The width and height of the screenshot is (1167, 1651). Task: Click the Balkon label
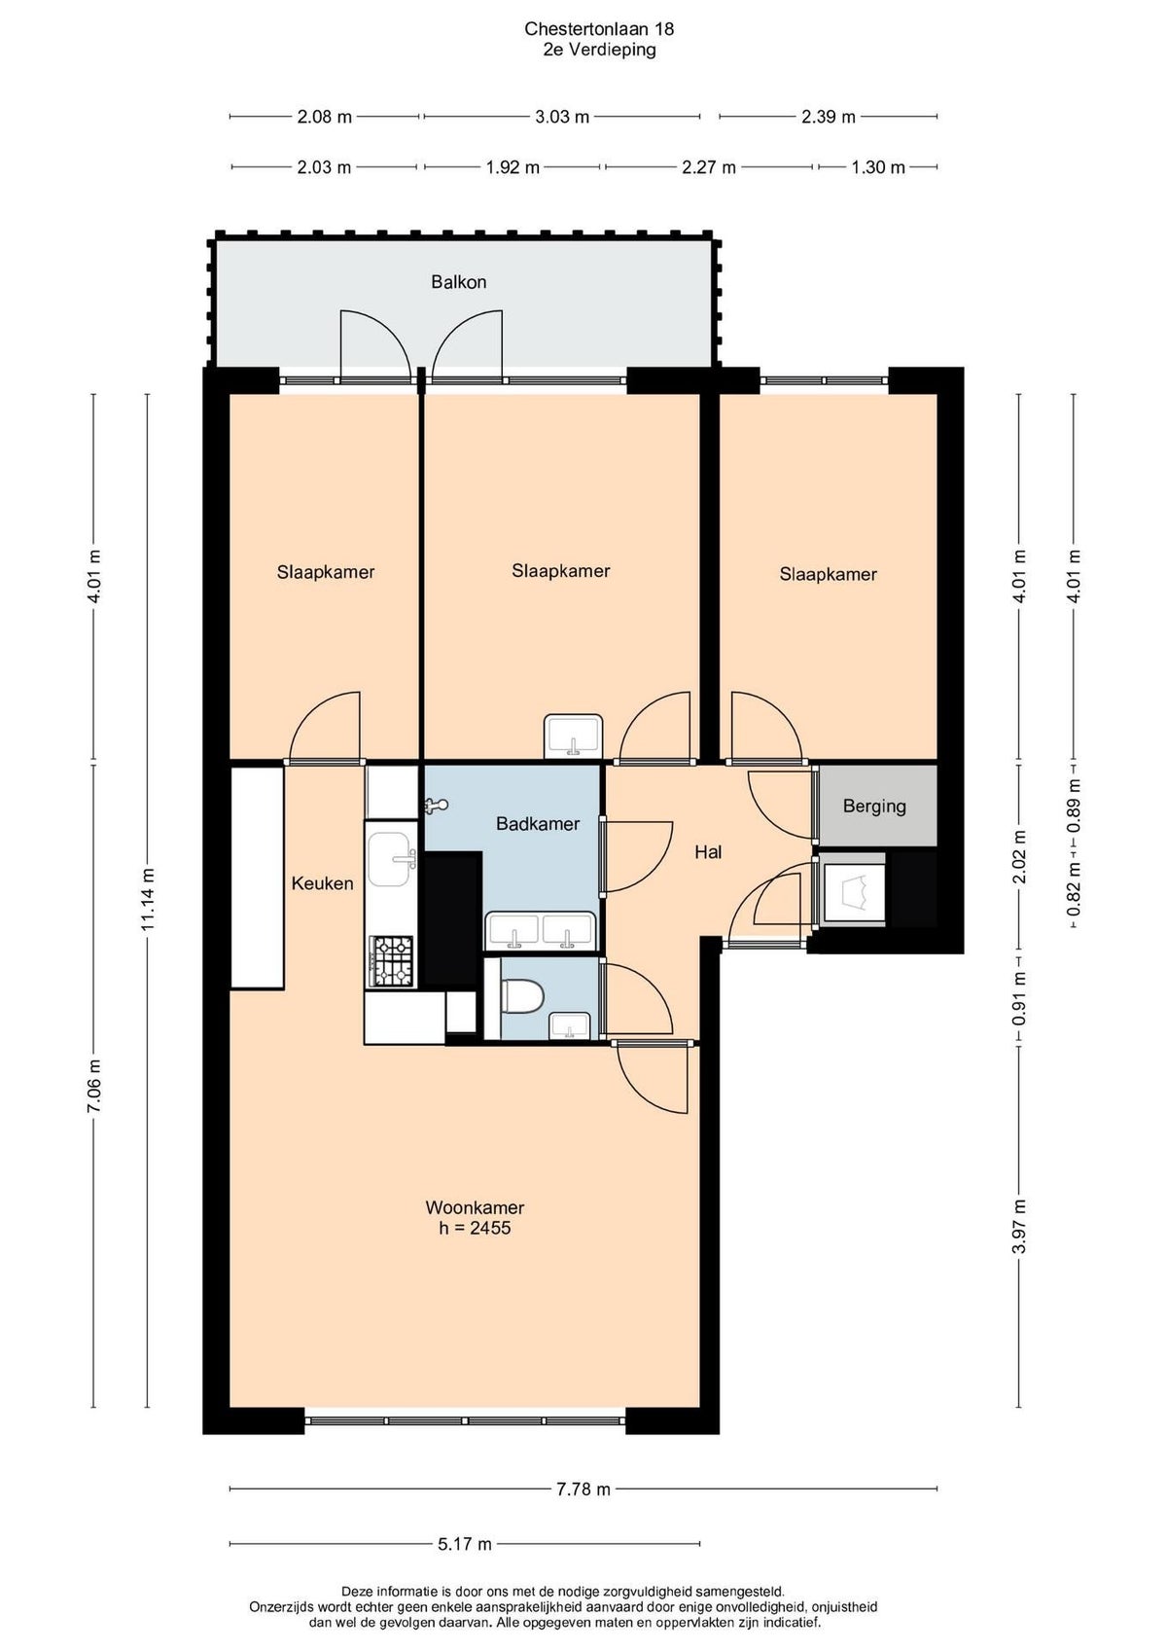pos(458,281)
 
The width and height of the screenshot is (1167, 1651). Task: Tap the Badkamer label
pos(537,823)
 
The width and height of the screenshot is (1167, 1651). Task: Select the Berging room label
pos(873,807)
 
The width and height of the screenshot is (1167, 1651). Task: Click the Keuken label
pos(322,883)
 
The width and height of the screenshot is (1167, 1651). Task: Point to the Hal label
pos(708,852)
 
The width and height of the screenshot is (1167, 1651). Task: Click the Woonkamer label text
pos(475,1207)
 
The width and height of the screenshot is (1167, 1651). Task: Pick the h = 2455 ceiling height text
pos(475,1227)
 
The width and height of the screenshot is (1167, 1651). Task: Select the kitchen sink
pos(393,859)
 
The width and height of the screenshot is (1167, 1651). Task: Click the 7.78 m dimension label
pos(582,1489)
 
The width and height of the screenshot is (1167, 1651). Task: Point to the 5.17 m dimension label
pos(464,1544)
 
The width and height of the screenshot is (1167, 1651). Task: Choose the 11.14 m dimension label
pos(148,899)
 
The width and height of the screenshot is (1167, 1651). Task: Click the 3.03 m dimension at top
pos(561,117)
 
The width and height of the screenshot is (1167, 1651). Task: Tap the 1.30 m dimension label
pos(877,167)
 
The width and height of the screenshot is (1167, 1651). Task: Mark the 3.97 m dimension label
pos(1019,1227)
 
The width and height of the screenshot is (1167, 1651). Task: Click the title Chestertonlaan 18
pos(599,29)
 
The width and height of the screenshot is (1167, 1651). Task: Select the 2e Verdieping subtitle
pos(599,50)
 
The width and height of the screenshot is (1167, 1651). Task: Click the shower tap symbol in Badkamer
pos(436,807)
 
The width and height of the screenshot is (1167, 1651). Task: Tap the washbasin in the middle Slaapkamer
pos(573,736)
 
